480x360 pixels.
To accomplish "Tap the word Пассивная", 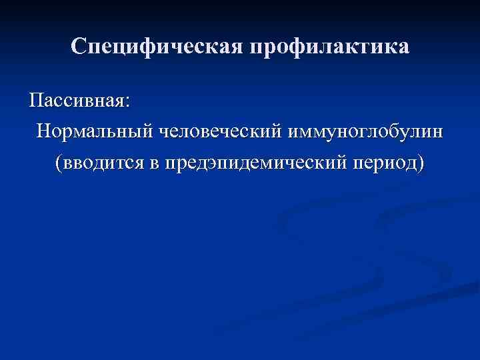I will pyautogui.click(x=76, y=101).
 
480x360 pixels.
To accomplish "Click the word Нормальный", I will pyautogui.click(x=94, y=131).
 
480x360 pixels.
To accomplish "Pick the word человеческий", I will pyautogui.click(x=219, y=131).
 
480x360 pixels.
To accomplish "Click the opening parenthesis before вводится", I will pyautogui.click(x=60, y=162).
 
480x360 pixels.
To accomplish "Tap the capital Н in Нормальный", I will pyautogui.click(x=44, y=131).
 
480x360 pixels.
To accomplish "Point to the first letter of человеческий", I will pyautogui.click(x=161, y=132).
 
